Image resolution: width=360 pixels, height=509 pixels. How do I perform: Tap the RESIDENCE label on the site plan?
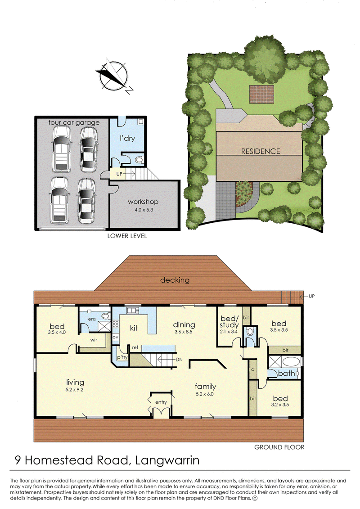coord(261,151)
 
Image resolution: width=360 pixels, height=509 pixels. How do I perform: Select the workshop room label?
coord(143,202)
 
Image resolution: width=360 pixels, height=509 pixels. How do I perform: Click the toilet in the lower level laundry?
coord(139,160)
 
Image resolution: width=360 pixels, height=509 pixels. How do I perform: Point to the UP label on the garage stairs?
coord(119,174)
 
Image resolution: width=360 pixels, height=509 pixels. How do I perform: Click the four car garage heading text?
coord(74,122)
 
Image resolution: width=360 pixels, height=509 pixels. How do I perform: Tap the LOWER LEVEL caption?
coord(127,236)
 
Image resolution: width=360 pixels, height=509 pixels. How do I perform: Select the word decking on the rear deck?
coord(175,280)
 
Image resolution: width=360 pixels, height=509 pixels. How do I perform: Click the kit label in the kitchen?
coord(133,328)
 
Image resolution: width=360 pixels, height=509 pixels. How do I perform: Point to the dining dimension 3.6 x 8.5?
coord(184,332)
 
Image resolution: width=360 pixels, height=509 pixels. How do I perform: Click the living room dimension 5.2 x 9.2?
coord(74,390)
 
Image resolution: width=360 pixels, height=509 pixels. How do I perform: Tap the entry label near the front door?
coord(161,402)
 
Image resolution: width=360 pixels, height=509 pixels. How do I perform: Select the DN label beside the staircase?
coord(179,360)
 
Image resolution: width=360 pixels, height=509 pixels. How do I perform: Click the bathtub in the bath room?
coord(291,362)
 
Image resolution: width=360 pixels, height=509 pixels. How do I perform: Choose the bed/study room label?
coord(229,322)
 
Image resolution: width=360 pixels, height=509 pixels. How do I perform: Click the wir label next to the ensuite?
coord(94,340)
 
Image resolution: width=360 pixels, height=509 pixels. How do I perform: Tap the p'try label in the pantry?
coord(122,357)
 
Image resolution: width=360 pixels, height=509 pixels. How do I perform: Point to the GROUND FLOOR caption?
coord(279,447)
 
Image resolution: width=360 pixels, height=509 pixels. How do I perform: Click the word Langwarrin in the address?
coord(167,460)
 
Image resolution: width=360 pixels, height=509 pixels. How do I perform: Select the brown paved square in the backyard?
coord(261,94)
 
